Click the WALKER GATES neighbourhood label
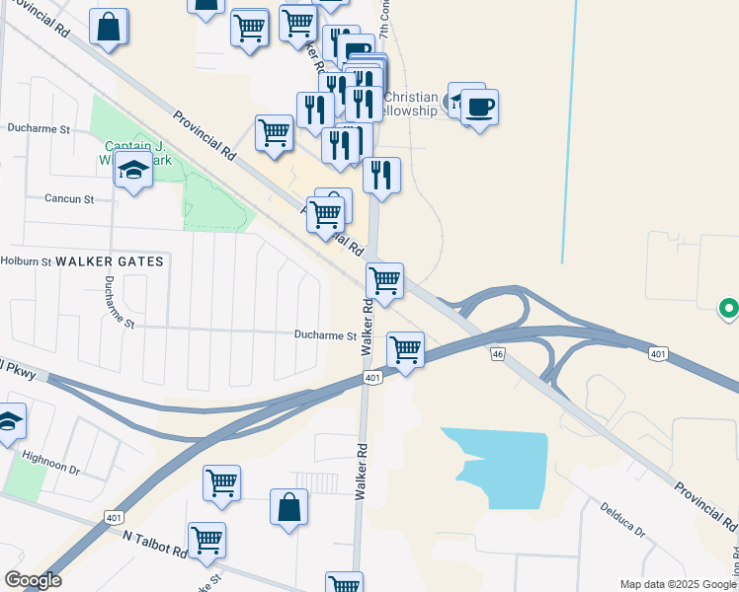tap(109, 260)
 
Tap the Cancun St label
tap(68, 198)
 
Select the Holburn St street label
tap(25, 261)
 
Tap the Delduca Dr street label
tap(622, 520)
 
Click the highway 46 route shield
tap(497, 352)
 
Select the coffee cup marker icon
tap(479, 107)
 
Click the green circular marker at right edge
tap(729, 310)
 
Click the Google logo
tap(33, 580)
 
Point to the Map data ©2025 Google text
tap(678, 584)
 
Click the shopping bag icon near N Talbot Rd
tap(287, 508)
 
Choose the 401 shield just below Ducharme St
tap(371, 377)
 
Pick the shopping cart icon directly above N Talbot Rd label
tap(206, 539)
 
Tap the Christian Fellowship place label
tap(409, 104)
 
